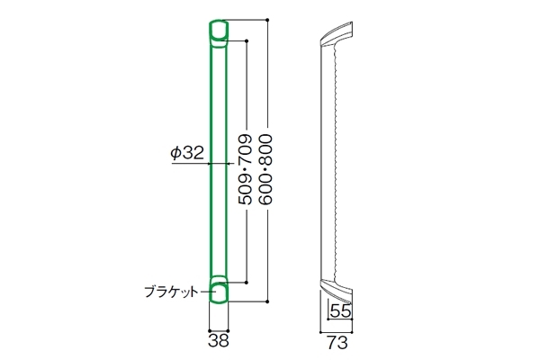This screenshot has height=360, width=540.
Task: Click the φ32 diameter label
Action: [x=187, y=153]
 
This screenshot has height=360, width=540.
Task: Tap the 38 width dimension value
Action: [x=219, y=341]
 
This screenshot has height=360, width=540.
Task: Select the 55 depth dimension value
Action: [x=340, y=311]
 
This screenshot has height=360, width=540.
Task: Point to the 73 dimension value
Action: [x=337, y=343]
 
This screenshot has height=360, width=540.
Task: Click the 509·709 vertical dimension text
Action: [x=246, y=169]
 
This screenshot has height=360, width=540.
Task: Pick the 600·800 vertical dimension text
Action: [x=266, y=169]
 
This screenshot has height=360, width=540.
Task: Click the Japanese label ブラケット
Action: [x=172, y=292]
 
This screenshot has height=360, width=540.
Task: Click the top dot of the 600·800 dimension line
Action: [x=267, y=20]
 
